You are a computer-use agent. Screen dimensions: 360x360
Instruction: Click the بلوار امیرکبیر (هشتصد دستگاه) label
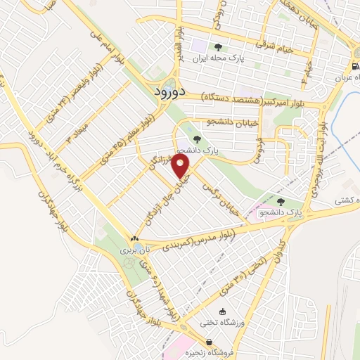(262, 101)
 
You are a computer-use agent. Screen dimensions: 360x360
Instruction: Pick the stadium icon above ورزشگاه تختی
(224, 311)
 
